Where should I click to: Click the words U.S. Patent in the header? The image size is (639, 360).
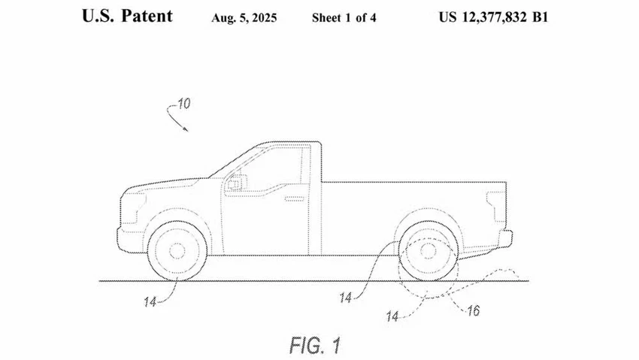[x=127, y=17]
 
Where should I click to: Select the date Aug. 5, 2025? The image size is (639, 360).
[x=244, y=18]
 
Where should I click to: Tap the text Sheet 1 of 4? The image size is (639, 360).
[x=344, y=18]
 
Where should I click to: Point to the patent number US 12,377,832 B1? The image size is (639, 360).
[x=493, y=17]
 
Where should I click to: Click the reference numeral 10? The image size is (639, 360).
[x=183, y=104]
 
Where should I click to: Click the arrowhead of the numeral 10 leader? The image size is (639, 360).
[x=186, y=129]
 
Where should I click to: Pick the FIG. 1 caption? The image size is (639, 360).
[x=315, y=345]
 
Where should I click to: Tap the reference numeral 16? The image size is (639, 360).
[x=473, y=310]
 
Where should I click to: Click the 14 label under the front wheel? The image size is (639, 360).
[x=150, y=302]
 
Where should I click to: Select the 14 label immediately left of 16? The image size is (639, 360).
[x=392, y=316]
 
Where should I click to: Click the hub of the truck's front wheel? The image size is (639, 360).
[x=177, y=251]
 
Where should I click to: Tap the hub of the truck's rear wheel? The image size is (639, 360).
[x=428, y=251]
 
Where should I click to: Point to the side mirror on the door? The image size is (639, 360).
[x=237, y=183]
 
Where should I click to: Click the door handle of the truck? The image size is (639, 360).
[x=294, y=198]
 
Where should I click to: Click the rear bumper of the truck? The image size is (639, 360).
[x=505, y=239]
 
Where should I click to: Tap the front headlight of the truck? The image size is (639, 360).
[x=132, y=207]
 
